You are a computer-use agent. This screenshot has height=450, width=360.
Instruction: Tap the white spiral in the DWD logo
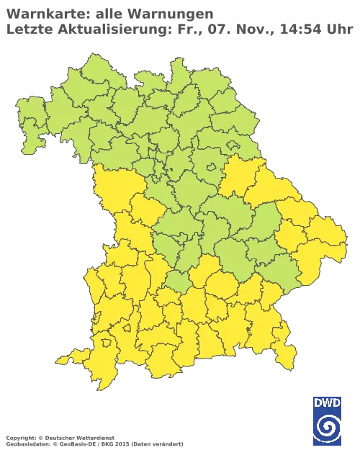coord(327,426)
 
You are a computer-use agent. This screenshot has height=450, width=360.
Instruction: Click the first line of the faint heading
coord(108,14)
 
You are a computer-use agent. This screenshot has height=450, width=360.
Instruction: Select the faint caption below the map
coord(94,438)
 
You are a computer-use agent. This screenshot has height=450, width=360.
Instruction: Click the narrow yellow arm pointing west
coord(65,359)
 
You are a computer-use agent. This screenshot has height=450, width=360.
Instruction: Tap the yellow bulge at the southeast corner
coord(285,333)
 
